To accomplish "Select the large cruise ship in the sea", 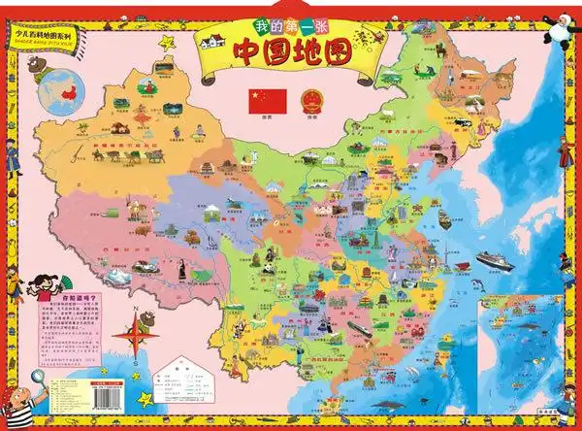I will (496, 259).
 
